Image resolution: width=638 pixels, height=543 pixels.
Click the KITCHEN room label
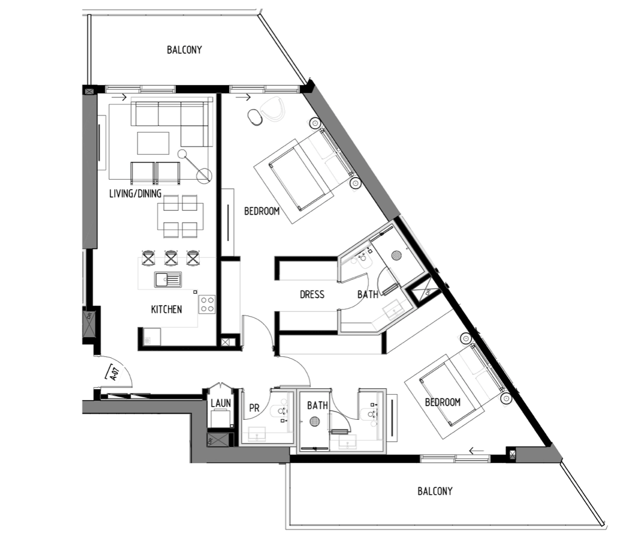(x=167, y=310)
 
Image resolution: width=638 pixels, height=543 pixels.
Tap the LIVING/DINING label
(x=135, y=193)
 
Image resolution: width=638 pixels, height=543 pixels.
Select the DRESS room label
(x=312, y=294)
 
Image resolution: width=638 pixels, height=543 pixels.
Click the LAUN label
(x=221, y=403)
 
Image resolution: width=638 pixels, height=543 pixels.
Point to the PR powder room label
(x=254, y=408)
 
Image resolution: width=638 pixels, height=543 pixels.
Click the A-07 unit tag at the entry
(x=114, y=374)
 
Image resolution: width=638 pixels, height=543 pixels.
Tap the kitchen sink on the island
(x=168, y=280)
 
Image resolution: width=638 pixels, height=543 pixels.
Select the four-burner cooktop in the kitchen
(x=207, y=304)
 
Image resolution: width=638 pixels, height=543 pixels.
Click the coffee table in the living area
(x=154, y=143)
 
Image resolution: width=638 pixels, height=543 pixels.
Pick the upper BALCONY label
(x=184, y=50)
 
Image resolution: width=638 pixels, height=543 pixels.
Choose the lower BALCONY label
(x=435, y=491)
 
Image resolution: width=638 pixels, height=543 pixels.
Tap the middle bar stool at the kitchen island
(x=171, y=257)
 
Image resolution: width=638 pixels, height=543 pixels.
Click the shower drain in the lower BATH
(x=314, y=421)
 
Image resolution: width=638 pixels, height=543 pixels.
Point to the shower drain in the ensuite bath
(x=396, y=255)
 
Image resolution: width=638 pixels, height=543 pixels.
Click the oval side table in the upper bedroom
(x=254, y=117)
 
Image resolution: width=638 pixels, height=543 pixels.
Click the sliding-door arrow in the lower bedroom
(x=476, y=451)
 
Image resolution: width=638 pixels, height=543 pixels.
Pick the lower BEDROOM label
(x=443, y=402)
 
